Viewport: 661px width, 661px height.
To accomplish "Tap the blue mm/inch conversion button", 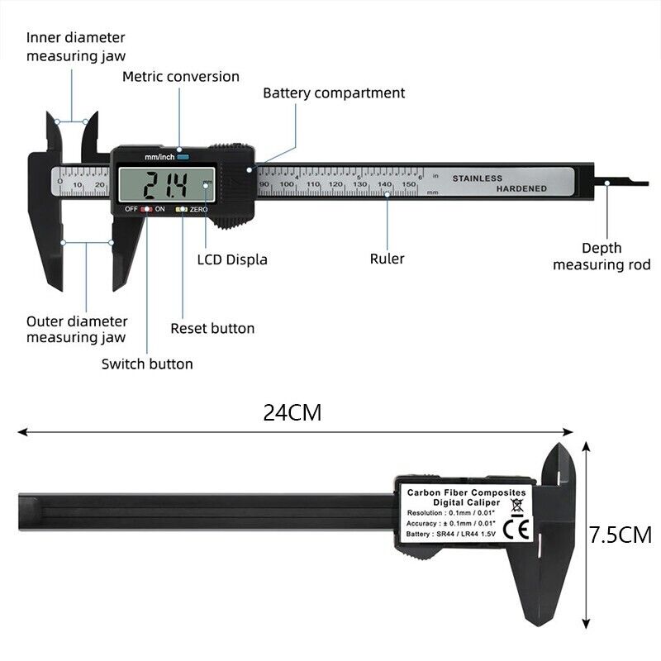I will pyautogui.click(x=182, y=156).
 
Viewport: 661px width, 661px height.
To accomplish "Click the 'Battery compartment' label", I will pyautogui.click(x=334, y=93).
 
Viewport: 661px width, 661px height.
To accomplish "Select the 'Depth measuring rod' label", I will pyautogui.click(x=602, y=256).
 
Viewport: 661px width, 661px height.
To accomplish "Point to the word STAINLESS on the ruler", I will pyautogui.click(x=477, y=178).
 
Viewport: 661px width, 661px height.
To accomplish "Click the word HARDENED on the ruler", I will pyautogui.click(x=521, y=188).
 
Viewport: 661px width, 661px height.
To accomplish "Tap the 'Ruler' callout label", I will pyautogui.click(x=387, y=259).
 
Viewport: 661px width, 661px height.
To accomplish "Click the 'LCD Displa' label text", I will pyautogui.click(x=232, y=259).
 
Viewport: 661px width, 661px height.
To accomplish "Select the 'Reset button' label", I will pyautogui.click(x=212, y=328).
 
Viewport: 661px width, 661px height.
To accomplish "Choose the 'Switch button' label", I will pyautogui.click(x=147, y=364).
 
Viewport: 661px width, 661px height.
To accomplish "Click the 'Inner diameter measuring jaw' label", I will pyautogui.click(x=76, y=46).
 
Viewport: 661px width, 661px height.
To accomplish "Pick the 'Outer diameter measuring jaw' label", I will pyautogui.click(x=77, y=329).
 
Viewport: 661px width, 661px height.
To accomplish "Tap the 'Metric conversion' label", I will pyautogui.click(x=181, y=76).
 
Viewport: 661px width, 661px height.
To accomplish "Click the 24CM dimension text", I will pyautogui.click(x=292, y=412).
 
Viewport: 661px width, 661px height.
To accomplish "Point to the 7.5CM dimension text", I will pyautogui.click(x=621, y=535).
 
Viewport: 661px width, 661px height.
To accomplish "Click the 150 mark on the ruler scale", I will pyautogui.click(x=408, y=184).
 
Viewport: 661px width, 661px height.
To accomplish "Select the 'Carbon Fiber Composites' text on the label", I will pyautogui.click(x=466, y=492).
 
